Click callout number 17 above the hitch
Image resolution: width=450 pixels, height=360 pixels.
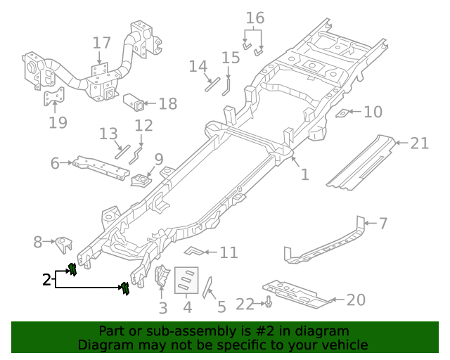(x=101, y=44)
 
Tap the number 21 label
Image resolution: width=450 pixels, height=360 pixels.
(x=419, y=143)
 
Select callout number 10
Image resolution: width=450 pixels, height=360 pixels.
(x=373, y=112)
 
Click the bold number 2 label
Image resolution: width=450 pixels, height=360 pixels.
(x=46, y=280)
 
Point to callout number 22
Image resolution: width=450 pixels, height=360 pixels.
(x=244, y=304)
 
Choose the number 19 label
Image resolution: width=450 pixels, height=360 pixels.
(x=58, y=123)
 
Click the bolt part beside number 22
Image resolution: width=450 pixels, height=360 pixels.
(x=269, y=303)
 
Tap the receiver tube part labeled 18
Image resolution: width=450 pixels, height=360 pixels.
(x=136, y=104)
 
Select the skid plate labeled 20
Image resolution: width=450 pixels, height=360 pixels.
(x=297, y=294)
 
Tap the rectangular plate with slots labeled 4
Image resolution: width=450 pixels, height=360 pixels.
(x=186, y=281)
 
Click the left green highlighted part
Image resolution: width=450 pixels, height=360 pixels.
(x=71, y=269)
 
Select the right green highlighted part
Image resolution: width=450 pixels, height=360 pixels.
(x=126, y=288)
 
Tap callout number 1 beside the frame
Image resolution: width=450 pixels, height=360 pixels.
(x=304, y=174)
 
